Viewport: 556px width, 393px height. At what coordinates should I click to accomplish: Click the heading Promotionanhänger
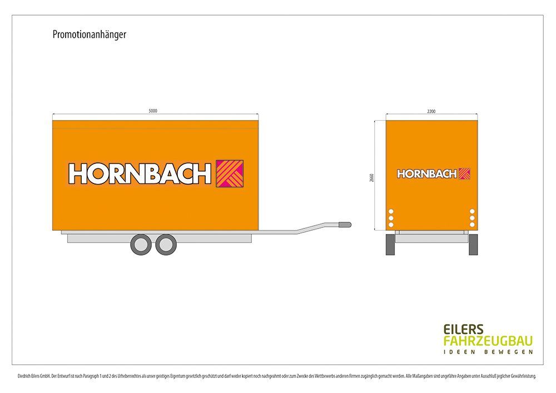[x=90, y=35]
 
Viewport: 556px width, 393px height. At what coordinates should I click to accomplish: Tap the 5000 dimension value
[x=153, y=111]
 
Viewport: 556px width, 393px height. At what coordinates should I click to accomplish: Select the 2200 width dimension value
[x=431, y=111]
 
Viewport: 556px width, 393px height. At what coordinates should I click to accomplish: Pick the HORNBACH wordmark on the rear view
[x=426, y=174]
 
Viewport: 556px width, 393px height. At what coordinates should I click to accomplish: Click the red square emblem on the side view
[x=230, y=173]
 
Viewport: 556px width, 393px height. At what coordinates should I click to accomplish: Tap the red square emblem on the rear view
[x=465, y=174]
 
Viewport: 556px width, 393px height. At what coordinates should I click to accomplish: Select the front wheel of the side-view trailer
[x=166, y=245]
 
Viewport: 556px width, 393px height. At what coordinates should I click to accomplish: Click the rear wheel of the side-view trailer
[x=141, y=245]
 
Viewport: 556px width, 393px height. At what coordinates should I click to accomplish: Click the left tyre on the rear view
[x=391, y=245]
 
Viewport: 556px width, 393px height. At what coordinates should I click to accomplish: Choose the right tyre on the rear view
[x=473, y=245]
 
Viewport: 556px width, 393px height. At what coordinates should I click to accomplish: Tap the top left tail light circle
[x=391, y=211]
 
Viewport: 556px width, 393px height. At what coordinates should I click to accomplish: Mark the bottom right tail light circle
[x=472, y=225]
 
